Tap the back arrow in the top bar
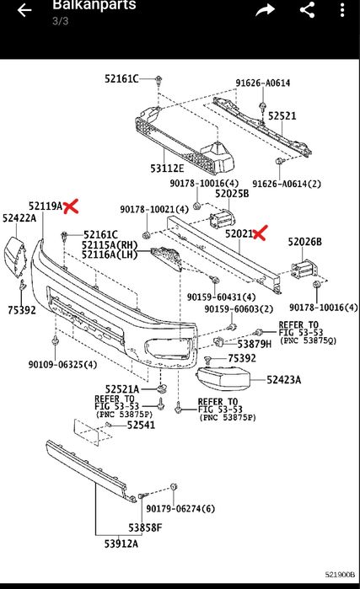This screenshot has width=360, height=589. [24, 10]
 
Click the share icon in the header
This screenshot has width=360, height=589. [308, 10]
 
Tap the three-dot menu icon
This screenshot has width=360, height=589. [342, 10]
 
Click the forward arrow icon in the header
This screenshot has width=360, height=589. [266, 10]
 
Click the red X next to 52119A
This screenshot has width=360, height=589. [71, 206]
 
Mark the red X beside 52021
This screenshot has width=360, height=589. [260, 233]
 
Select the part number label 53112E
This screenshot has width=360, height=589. [167, 169]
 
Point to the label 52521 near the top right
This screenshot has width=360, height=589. [282, 115]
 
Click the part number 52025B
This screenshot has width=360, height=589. [232, 194]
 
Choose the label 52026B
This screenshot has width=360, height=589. [304, 242]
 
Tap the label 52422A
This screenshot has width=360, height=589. [19, 218]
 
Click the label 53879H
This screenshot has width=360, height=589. [255, 344]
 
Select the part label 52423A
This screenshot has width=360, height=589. [284, 380]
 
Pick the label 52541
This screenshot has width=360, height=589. [141, 425]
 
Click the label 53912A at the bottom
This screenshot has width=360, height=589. [121, 543]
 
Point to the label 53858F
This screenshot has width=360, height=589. [145, 527]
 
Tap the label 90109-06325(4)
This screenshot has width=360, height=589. [62, 364]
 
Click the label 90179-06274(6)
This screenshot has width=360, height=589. [180, 509]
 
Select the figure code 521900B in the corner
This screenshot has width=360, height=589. [340, 575]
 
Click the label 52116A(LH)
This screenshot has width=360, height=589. [110, 254]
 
